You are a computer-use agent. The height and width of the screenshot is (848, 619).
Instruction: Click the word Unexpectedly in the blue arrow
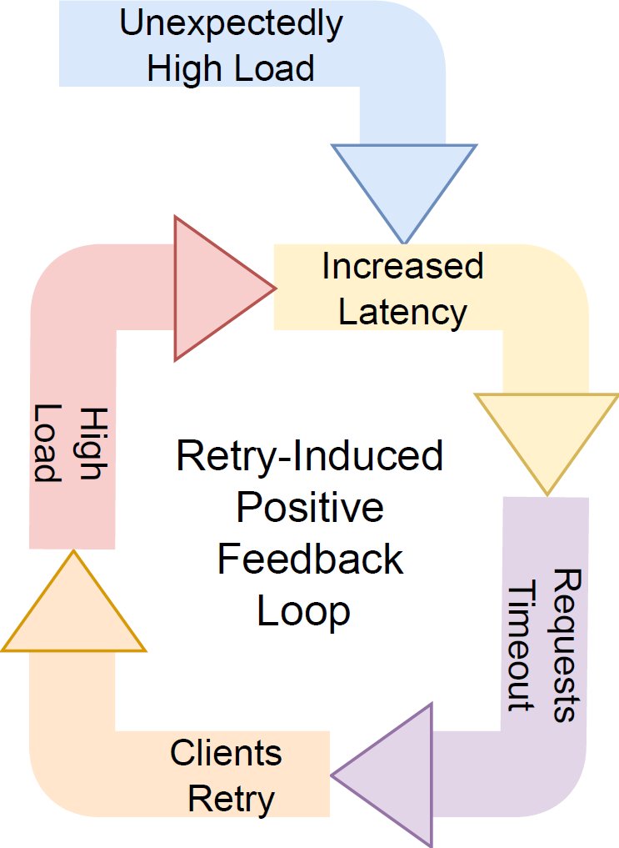tap(231, 24)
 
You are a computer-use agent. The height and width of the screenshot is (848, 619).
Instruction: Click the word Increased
tap(402, 267)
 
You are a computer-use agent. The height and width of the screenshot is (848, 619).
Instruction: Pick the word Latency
tap(402, 312)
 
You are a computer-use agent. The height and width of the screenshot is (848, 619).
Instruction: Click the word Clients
tap(226, 755)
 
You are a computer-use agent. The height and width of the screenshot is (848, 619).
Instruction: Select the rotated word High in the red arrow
tap(93, 444)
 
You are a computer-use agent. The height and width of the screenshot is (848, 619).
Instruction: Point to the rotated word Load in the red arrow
tap(49, 444)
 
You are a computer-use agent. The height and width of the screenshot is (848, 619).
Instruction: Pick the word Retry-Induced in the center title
tap(309, 457)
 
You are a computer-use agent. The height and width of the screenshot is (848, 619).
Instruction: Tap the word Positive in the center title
tap(309, 509)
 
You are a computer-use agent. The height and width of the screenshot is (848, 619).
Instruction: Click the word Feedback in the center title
tap(309, 560)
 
